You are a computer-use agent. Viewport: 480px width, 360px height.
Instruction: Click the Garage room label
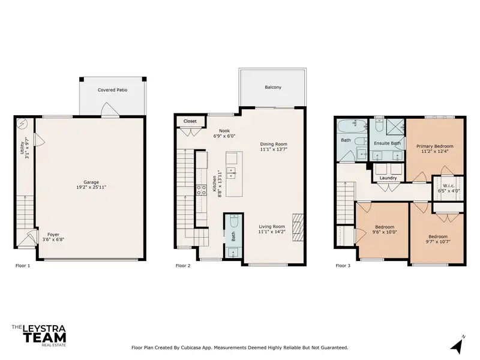[x=91, y=182]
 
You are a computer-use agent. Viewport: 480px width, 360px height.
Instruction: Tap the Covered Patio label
[x=112, y=90]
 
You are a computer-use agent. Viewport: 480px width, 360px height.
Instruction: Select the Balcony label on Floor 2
[x=273, y=87]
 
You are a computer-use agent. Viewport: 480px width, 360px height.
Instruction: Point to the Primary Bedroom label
[x=434, y=146]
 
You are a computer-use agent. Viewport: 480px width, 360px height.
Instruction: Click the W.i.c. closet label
[x=449, y=186]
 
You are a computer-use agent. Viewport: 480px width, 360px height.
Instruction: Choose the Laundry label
[x=388, y=178]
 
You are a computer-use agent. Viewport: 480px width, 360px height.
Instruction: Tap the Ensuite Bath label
[x=387, y=143]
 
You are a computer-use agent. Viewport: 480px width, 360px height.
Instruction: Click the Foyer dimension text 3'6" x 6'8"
[x=53, y=239]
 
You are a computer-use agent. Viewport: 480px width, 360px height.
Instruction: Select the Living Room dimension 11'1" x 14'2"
[x=272, y=232]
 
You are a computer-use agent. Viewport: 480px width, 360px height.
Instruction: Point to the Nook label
[x=224, y=131]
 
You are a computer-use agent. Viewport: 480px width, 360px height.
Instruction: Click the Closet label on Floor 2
[x=190, y=121]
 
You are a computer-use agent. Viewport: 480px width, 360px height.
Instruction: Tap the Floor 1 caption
[x=23, y=266]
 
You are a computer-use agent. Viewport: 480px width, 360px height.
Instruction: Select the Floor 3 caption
[x=343, y=266]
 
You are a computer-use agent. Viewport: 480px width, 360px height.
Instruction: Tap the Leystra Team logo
[x=39, y=336]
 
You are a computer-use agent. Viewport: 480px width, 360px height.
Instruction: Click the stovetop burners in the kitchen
[x=201, y=190]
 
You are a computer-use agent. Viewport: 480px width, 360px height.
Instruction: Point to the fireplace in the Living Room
[x=298, y=228]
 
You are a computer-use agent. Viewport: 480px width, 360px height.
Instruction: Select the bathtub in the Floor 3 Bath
[x=352, y=126]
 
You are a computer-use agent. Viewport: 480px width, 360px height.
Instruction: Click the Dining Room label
[x=274, y=144]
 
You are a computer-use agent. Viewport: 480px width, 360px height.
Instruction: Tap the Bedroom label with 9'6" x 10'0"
[x=385, y=227]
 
